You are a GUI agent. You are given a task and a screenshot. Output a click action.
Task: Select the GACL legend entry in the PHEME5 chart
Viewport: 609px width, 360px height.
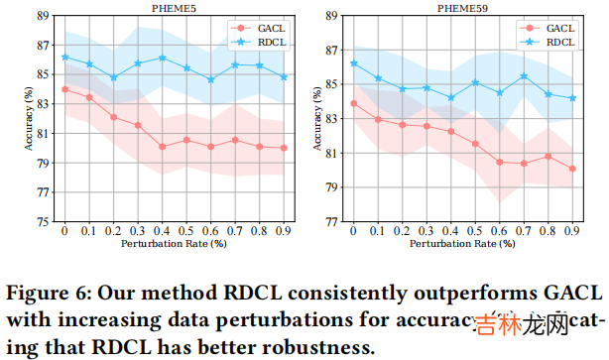[x=259, y=29]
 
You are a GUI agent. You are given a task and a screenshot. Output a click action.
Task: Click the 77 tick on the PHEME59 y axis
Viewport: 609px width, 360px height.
[x=331, y=222]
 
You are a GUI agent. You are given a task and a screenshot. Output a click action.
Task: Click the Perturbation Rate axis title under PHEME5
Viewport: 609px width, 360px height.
[x=175, y=243]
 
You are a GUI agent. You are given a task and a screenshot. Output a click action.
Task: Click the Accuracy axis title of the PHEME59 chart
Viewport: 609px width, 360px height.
[x=316, y=119]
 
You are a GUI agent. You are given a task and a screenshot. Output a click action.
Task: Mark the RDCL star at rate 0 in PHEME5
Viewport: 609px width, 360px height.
[x=64, y=57]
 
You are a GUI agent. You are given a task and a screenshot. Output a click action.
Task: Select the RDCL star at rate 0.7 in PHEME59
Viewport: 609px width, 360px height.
[x=523, y=76]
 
